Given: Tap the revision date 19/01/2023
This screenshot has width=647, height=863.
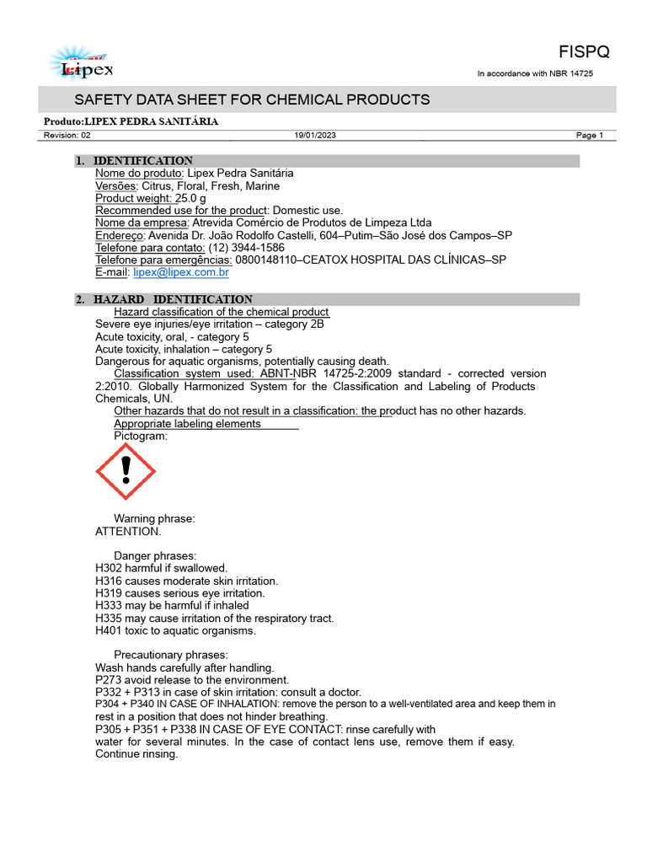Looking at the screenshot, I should click(314, 136).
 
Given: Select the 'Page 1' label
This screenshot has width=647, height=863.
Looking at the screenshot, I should click(590, 136).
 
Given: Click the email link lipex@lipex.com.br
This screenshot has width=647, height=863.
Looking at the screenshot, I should click(181, 272).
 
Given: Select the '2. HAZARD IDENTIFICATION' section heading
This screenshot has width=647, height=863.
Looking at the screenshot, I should click(173, 299).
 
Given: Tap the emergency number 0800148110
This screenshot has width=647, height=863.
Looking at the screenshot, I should click(268, 260).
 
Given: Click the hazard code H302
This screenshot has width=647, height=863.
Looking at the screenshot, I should click(109, 569).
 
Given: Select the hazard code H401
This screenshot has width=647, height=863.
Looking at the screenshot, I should click(109, 630).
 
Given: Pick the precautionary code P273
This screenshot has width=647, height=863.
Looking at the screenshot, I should click(109, 680).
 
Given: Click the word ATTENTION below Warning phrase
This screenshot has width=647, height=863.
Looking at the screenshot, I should click(128, 532).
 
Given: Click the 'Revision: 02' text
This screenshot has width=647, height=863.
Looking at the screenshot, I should click(67, 136).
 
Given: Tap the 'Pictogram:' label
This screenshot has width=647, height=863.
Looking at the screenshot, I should click(141, 436).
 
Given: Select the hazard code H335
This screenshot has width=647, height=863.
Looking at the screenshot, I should click(109, 618).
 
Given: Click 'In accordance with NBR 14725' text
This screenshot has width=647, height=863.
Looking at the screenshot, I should click(535, 74).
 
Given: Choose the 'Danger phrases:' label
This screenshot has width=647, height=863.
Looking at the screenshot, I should click(155, 556).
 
